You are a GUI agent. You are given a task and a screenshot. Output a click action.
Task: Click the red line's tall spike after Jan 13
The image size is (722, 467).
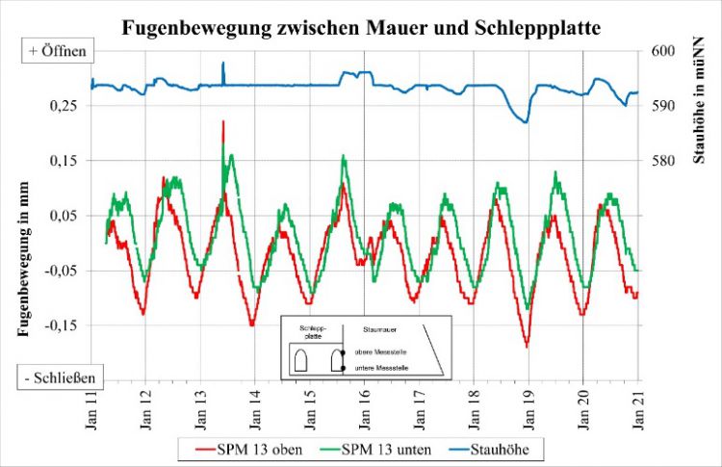click(x=223, y=122)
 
